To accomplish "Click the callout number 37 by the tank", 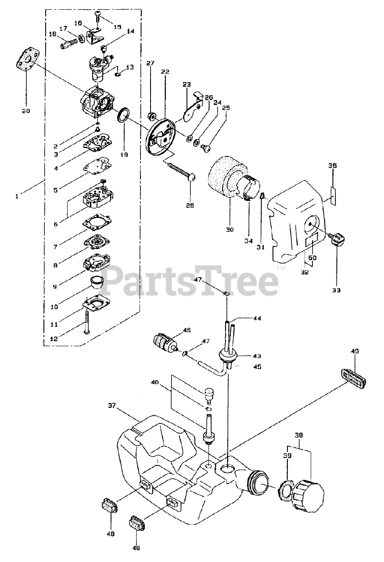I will pos(112,406).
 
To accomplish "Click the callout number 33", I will pos(337,290).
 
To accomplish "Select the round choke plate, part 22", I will pos(161,137).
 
